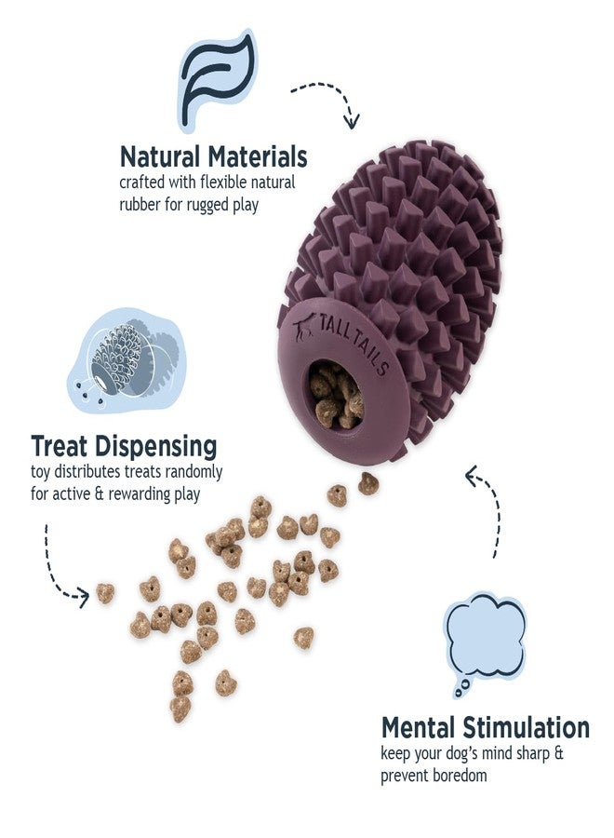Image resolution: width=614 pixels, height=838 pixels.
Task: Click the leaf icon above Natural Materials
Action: coord(216,80)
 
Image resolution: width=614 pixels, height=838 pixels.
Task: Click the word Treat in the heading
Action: coord(59,446)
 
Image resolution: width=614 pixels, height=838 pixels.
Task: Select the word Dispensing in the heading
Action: coord(156,448)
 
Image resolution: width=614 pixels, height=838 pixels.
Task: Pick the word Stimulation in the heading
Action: coord(526,727)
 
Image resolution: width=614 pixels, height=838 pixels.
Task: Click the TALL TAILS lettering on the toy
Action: coord(354,343)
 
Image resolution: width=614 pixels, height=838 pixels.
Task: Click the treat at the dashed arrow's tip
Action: coord(105,593)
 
